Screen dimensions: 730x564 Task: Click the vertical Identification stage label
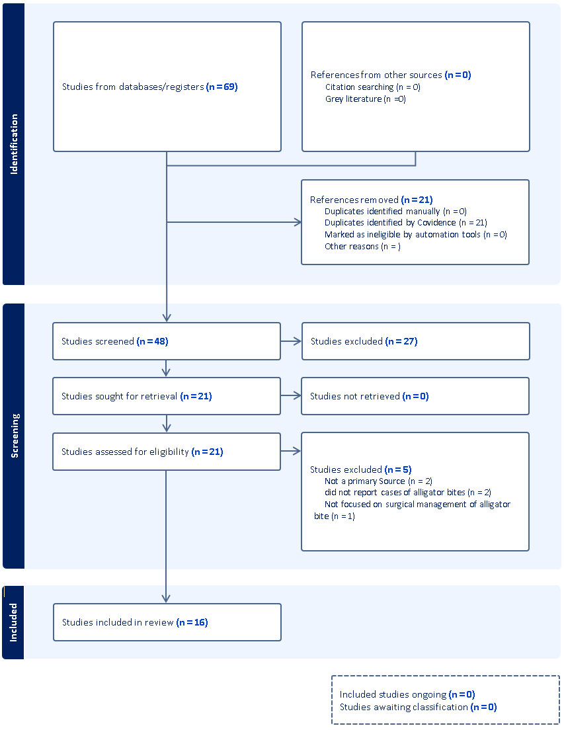pos(14,144)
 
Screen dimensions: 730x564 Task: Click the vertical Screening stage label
pos(15,436)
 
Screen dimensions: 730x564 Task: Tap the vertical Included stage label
pos(14,622)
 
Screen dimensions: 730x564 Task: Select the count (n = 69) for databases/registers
pos(222,87)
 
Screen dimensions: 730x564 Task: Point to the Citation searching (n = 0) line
pos(372,87)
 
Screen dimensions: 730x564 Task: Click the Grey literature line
pos(365,99)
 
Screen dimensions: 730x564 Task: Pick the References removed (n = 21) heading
pos(371,199)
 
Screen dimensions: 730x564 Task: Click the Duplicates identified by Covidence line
pos(405,223)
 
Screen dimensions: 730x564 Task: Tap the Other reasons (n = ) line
pos(362,247)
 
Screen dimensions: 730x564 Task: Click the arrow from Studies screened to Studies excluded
pos(291,341)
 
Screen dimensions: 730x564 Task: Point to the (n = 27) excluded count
pos(401,341)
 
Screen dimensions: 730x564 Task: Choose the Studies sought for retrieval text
pos(136,396)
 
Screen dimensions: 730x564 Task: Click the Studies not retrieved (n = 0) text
pos(369,396)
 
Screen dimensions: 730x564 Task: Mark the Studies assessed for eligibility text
pos(142,452)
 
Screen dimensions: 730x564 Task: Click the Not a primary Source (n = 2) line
pos(378,481)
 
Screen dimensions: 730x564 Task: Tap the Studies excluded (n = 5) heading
pos(360,469)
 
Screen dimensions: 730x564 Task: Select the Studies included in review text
pos(135,622)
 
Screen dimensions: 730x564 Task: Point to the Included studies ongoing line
pos(407,694)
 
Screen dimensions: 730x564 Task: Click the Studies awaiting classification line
pos(418,707)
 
